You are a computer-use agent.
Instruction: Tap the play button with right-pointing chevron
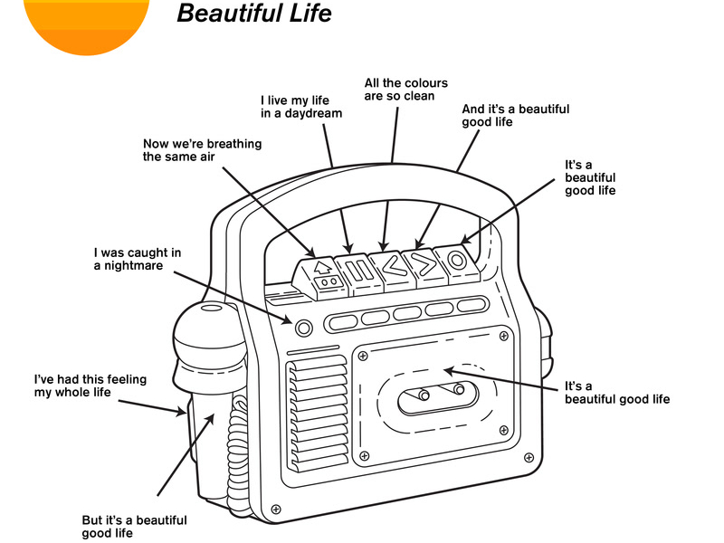(x=423, y=263)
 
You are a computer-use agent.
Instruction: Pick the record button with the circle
(x=454, y=261)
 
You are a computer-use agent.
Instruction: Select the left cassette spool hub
(x=424, y=395)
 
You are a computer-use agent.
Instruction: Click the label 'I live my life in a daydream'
(x=301, y=107)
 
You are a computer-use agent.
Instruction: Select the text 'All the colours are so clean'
(x=405, y=90)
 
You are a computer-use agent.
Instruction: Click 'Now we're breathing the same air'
(x=202, y=150)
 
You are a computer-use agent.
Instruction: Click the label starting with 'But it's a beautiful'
(x=134, y=527)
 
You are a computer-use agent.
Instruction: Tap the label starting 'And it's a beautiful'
(x=515, y=115)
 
